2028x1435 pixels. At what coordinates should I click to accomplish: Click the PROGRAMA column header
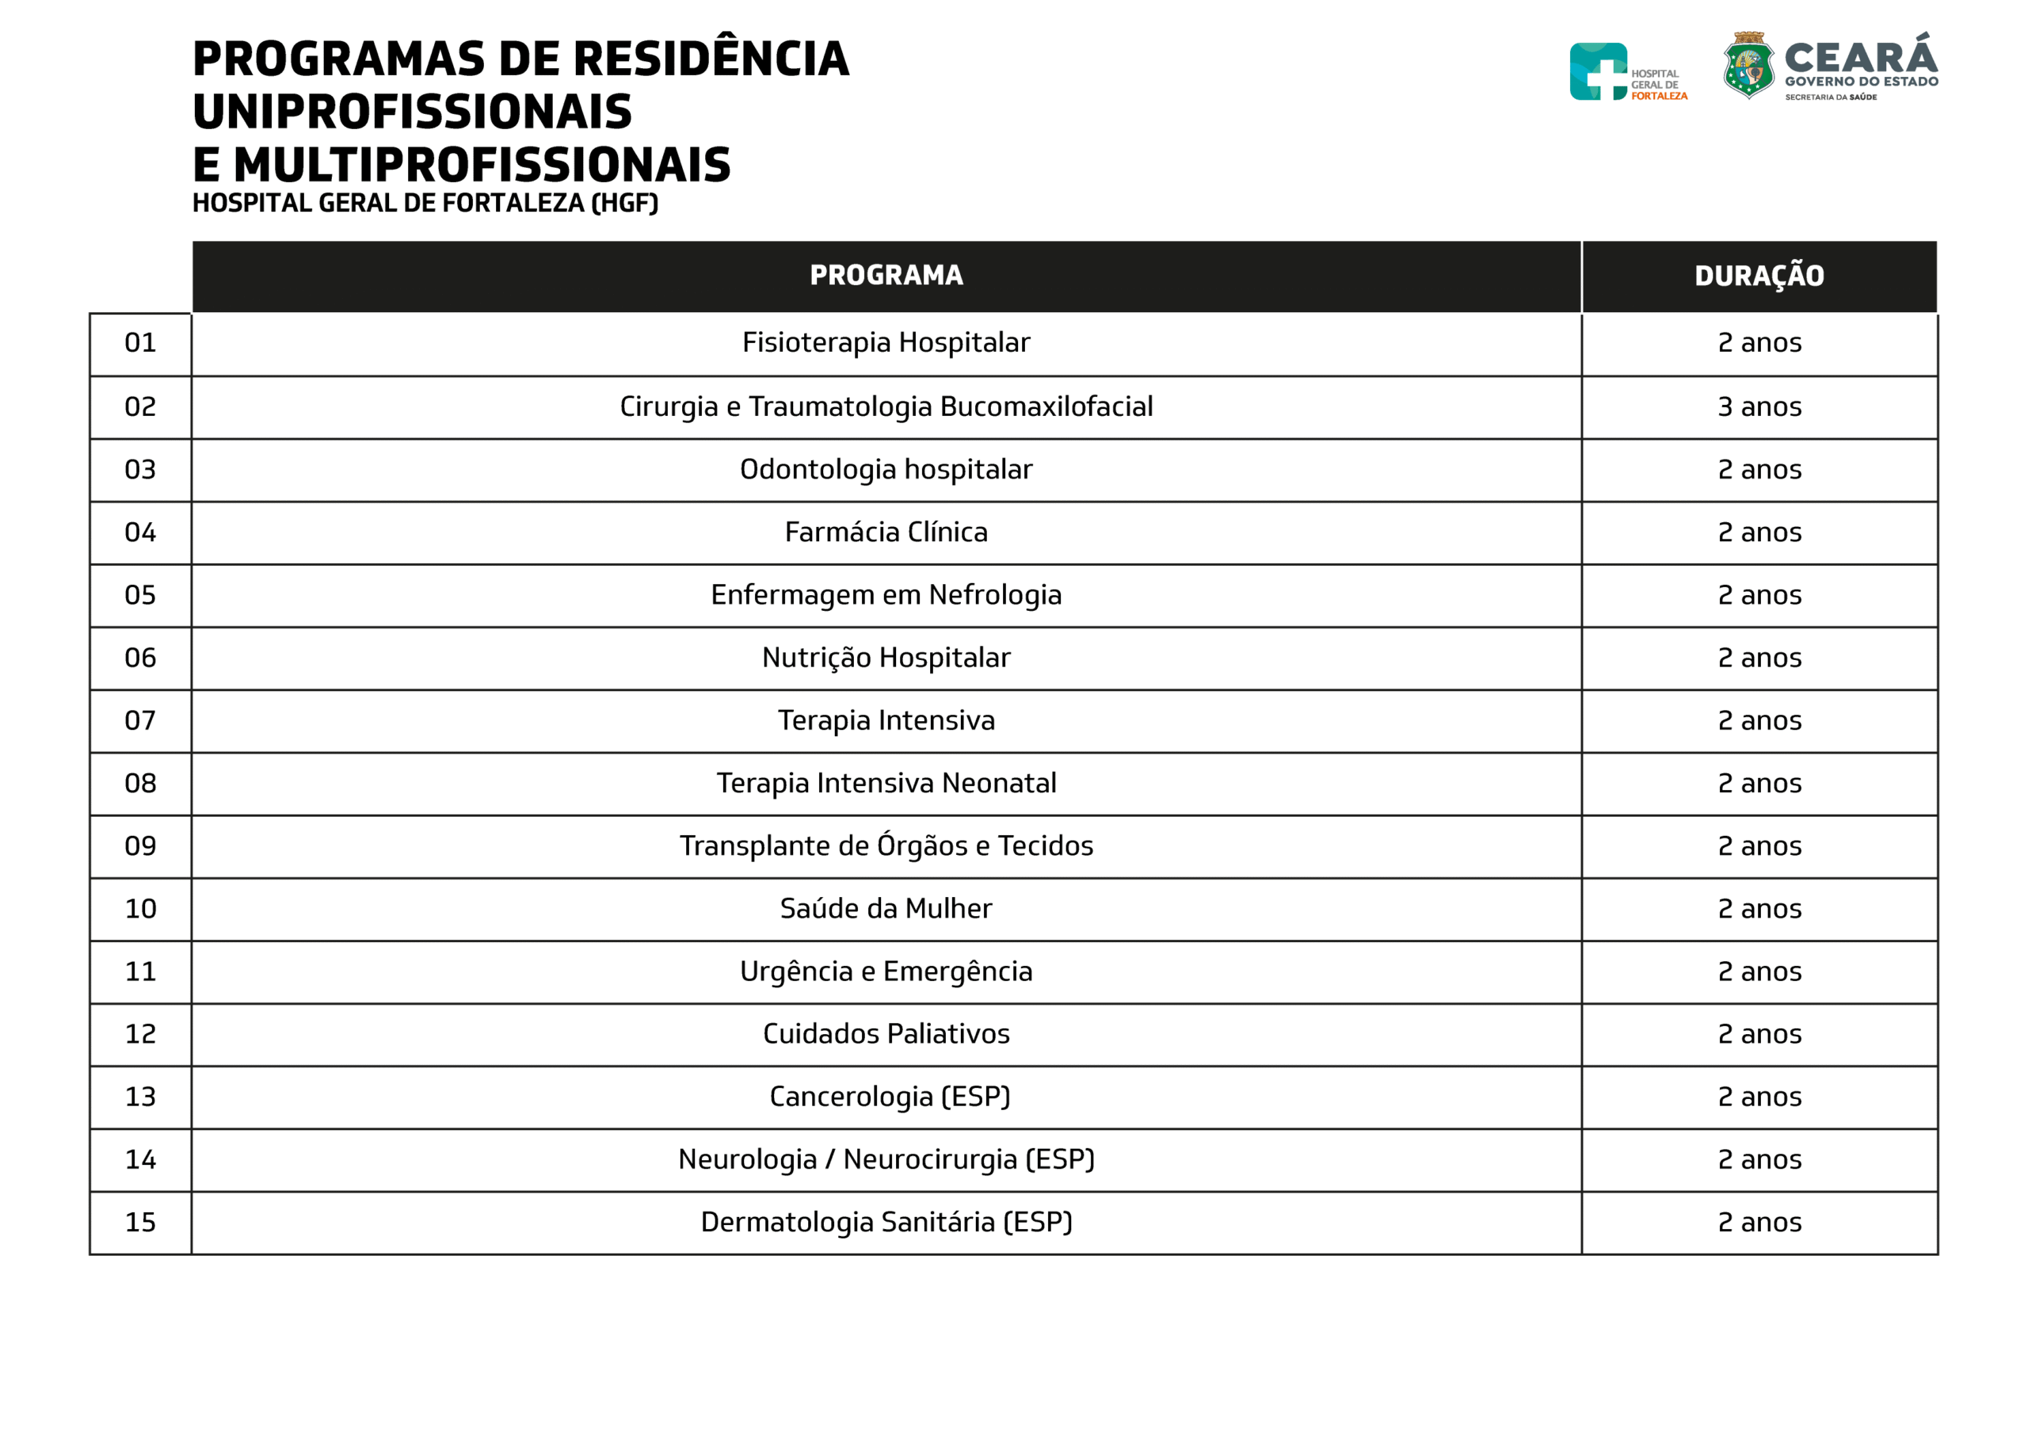886,276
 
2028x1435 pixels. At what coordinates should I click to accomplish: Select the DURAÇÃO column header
1759,277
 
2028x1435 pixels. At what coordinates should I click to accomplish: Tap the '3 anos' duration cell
1759,406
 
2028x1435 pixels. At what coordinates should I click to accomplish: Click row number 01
140,343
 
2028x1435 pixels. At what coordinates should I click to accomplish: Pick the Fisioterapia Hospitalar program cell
886,343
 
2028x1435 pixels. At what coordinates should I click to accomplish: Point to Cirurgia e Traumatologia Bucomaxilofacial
886,406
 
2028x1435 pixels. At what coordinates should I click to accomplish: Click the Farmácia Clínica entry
886,532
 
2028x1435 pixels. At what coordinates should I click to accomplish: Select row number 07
140,720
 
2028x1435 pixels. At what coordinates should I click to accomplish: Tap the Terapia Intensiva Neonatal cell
886,783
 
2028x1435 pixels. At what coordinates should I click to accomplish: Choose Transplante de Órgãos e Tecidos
886,845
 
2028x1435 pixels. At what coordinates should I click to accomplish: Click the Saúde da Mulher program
886,908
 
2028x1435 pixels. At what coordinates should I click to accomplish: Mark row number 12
140,1034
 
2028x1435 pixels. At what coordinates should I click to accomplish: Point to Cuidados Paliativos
886,1034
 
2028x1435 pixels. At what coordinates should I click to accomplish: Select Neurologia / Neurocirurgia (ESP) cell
886,1159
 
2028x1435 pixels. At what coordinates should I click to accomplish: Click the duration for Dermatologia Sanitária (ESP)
1759,1222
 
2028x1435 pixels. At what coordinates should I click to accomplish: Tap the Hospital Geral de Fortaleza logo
1598,71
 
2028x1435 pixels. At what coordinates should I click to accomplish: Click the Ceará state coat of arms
1748,66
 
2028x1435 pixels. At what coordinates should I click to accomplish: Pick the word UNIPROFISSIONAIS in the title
412,113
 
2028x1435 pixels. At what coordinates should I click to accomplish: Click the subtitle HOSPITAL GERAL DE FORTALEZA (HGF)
425,203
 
